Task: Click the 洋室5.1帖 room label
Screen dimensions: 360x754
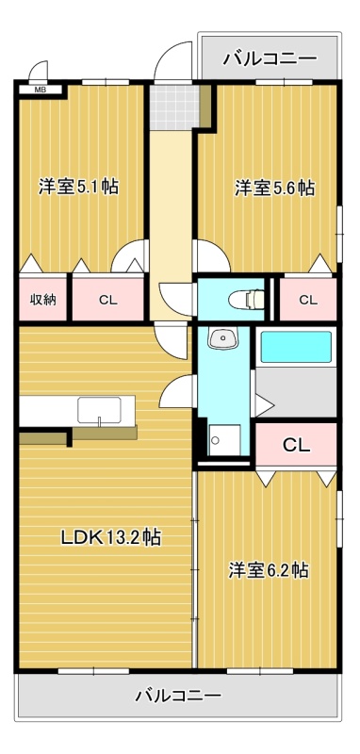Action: [79, 187]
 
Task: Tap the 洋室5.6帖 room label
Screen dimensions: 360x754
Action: [274, 188]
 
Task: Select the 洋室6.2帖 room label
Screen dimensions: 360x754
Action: [269, 570]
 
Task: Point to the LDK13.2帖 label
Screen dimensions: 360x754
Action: [110, 537]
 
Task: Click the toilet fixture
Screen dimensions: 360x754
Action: [246, 299]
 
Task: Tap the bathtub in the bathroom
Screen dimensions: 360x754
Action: [296, 347]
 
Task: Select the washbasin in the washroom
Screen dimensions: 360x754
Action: [222, 338]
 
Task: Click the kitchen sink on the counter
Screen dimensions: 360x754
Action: [100, 410]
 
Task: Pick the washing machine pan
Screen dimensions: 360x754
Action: [224, 439]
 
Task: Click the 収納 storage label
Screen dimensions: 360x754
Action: [43, 300]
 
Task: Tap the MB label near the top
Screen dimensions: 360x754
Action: [37, 89]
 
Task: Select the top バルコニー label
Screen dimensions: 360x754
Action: [270, 59]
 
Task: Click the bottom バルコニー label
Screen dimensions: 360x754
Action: [178, 696]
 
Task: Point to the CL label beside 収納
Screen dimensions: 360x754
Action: [108, 300]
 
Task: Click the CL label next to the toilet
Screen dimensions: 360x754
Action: [308, 300]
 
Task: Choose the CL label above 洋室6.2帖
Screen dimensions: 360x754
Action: [296, 445]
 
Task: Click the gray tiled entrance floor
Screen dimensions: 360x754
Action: [173, 107]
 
